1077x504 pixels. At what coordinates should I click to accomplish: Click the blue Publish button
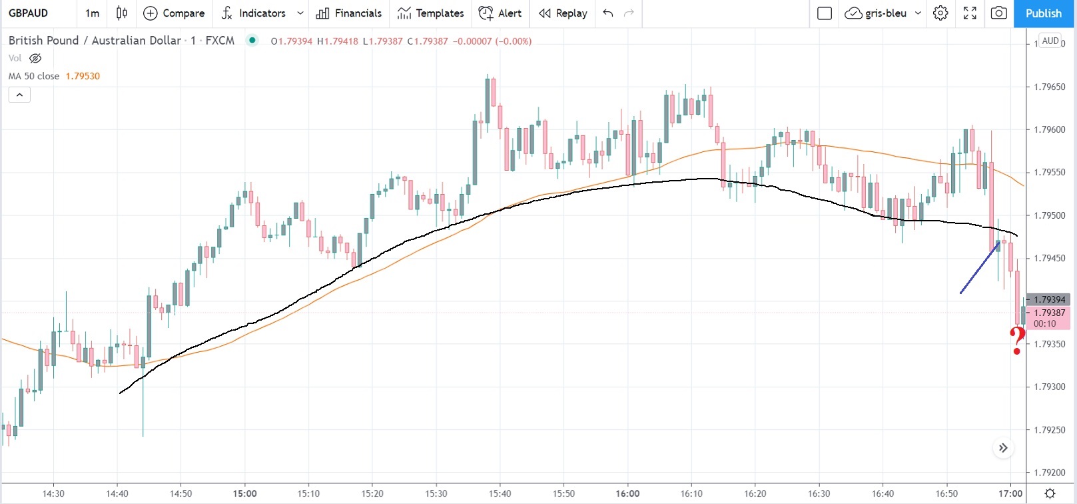(1044, 13)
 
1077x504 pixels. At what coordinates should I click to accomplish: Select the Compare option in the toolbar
(175, 13)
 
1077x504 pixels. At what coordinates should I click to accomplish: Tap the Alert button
(500, 13)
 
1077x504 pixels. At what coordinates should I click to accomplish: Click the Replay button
(563, 13)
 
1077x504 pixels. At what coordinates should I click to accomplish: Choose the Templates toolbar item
(430, 13)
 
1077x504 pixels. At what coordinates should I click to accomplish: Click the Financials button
(349, 13)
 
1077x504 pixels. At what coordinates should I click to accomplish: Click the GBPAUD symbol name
(29, 13)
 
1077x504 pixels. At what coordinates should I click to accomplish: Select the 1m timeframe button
(92, 13)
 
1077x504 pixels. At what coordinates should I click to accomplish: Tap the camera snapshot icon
(998, 13)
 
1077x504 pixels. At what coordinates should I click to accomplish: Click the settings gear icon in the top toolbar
(940, 13)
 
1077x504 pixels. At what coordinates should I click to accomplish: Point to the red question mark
(1017, 341)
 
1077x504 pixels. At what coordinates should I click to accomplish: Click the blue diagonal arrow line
(980, 268)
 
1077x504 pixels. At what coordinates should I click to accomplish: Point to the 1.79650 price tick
(1049, 87)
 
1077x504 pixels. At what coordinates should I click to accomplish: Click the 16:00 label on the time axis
(627, 494)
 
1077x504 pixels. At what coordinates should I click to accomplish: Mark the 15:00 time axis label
(244, 494)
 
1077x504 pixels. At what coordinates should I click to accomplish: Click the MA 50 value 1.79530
(83, 76)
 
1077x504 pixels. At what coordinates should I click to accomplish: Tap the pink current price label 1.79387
(1049, 313)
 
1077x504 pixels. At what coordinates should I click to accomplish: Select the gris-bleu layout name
(885, 13)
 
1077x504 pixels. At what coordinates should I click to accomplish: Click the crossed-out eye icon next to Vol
(35, 59)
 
